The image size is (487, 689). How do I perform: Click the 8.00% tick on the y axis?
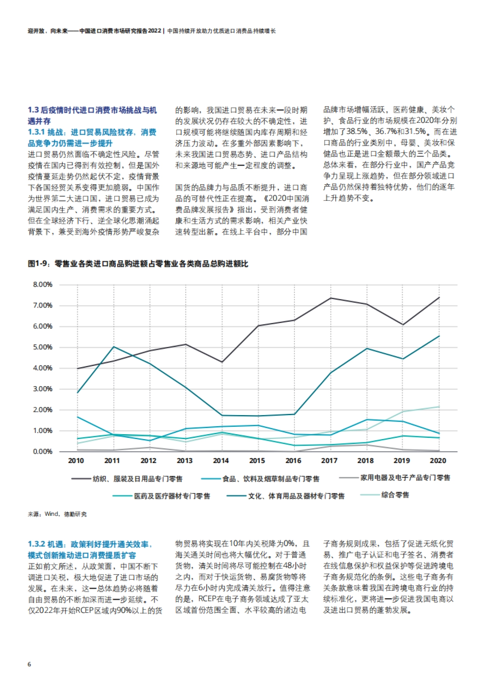click(x=43, y=284)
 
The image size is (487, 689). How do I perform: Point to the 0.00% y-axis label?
click(x=43, y=451)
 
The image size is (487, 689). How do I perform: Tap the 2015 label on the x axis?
click(x=257, y=461)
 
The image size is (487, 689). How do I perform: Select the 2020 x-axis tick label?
click(x=438, y=461)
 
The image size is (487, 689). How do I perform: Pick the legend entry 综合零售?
click(x=395, y=495)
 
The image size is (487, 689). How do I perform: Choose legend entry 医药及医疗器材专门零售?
click(x=172, y=496)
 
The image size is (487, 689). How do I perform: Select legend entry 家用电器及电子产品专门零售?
click(x=405, y=478)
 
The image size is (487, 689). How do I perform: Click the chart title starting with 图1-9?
click(x=138, y=264)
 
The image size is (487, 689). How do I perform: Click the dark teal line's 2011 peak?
click(x=114, y=347)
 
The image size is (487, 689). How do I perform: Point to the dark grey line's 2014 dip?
click(x=222, y=362)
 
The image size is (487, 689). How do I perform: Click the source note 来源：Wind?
click(x=57, y=514)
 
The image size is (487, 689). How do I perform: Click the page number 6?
click(x=29, y=664)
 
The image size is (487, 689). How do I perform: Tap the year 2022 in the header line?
click(x=154, y=31)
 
